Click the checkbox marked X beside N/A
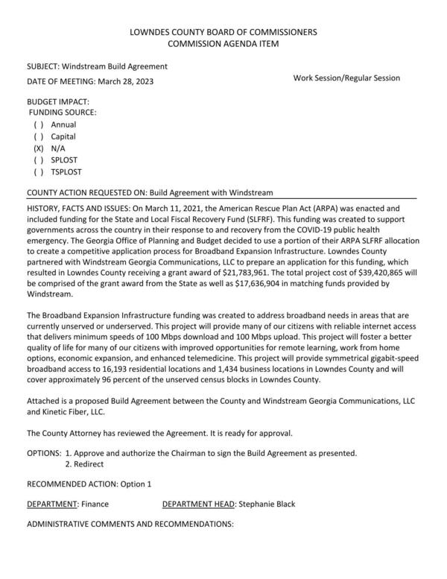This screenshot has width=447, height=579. pos(39,148)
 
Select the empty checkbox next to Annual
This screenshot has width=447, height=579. pos(39,124)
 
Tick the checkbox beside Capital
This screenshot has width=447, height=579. pos(39,136)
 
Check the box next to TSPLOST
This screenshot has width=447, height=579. pos(39,172)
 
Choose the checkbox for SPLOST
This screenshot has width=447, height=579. pos(39,160)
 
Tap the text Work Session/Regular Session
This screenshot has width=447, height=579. pos(346,77)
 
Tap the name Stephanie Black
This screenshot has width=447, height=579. pos(266,504)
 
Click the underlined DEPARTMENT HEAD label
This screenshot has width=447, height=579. pos(198,504)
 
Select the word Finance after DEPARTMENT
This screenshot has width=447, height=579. pos(95,504)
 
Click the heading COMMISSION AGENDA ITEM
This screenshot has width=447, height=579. pos(223,45)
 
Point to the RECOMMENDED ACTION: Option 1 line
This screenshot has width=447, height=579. pos(89,484)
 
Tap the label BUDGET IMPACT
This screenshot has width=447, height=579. pos(58,101)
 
